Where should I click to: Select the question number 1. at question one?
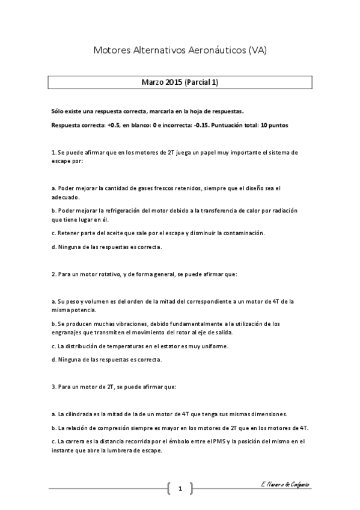point(53,153)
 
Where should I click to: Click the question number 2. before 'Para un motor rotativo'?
point(53,274)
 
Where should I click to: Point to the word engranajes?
point(67,332)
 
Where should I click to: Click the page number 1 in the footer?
point(180,488)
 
